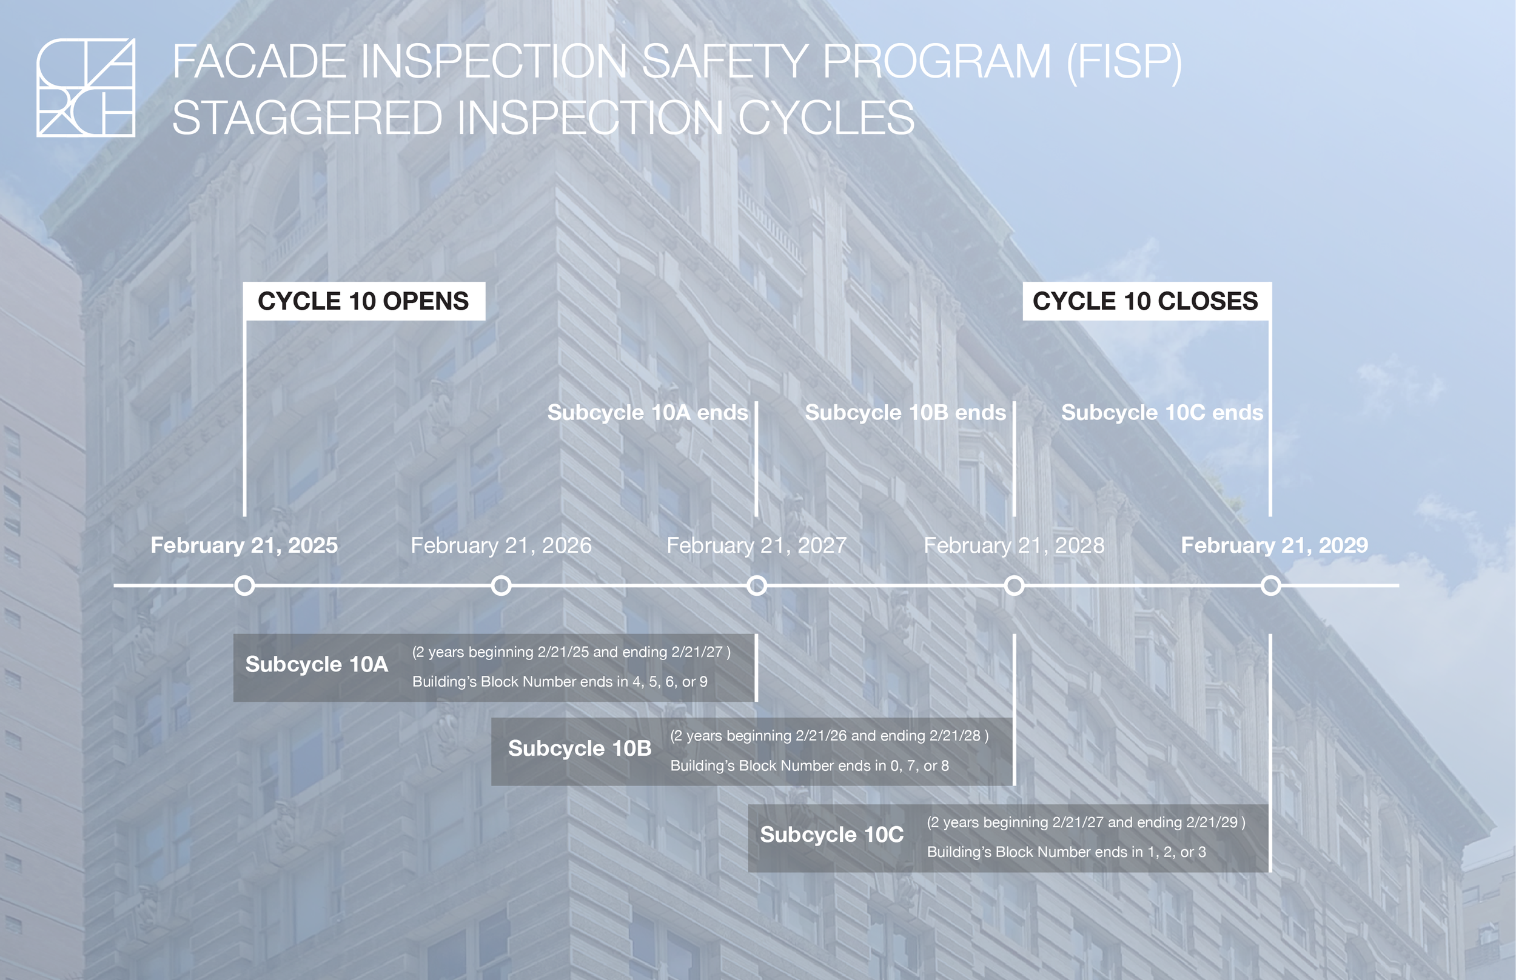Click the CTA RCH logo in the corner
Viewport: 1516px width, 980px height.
click(86, 87)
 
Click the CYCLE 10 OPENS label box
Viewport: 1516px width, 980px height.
click(364, 301)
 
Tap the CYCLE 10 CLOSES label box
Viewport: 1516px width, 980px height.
click(1145, 301)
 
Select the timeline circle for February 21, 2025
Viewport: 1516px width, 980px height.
click(244, 585)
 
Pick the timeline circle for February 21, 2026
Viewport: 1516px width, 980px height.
click(501, 585)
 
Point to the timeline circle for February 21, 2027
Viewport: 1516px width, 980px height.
click(756, 585)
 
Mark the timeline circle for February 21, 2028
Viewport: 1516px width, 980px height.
click(1015, 585)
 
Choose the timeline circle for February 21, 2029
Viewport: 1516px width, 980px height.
click(1271, 585)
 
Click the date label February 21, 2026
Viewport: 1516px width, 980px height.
click(501, 545)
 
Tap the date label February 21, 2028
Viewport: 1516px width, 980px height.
click(1015, 545)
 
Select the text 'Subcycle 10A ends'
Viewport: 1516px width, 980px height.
click(648, 412)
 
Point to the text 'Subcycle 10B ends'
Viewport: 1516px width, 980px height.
click(905, 412)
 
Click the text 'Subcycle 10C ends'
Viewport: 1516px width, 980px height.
click(1162, 412)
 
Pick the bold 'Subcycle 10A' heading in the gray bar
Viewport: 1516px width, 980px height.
click(317, 664)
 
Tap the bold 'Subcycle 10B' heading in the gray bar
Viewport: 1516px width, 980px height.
click(579, 748)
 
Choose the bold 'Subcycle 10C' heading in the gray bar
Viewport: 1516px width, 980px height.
click(831, 835)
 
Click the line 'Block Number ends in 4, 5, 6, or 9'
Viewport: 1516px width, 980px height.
click(560, 682)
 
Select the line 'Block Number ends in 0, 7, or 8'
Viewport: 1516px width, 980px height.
click(810, 765)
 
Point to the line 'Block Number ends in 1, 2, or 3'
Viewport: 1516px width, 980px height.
click(1067, 852)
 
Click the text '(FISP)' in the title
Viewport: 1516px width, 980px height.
click(1124, 62)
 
